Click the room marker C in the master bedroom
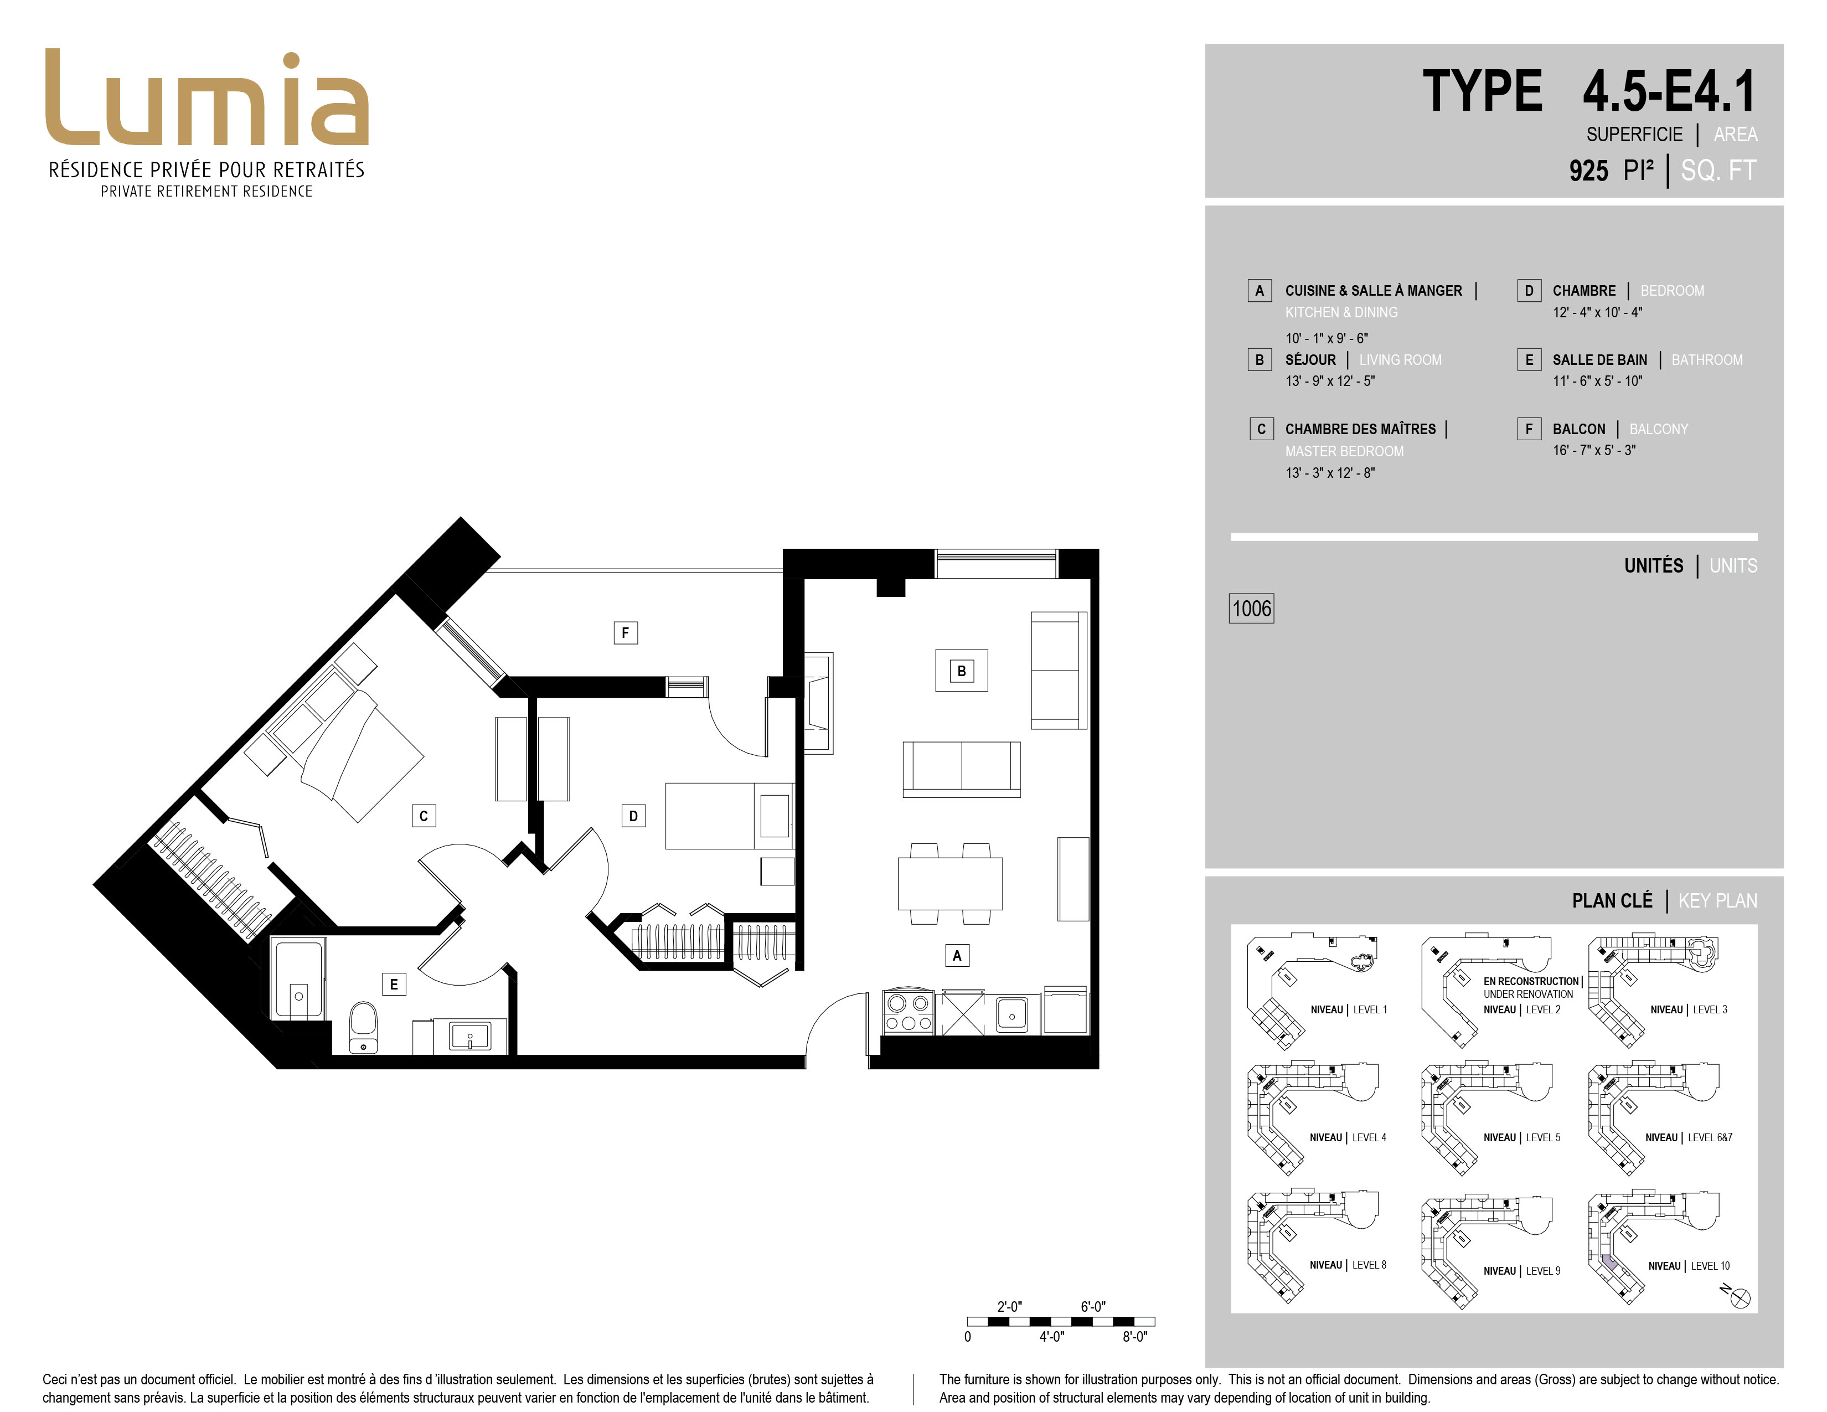pos(424,816)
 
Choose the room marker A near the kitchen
pos(957,955)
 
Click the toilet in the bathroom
pos(363,1027)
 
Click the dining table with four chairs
pos(949,883)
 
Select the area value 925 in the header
pos(1588,171)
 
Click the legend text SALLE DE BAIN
pos(1599,360)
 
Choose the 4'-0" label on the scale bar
pos(1051,1337)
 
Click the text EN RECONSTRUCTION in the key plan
pos(1531,981)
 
